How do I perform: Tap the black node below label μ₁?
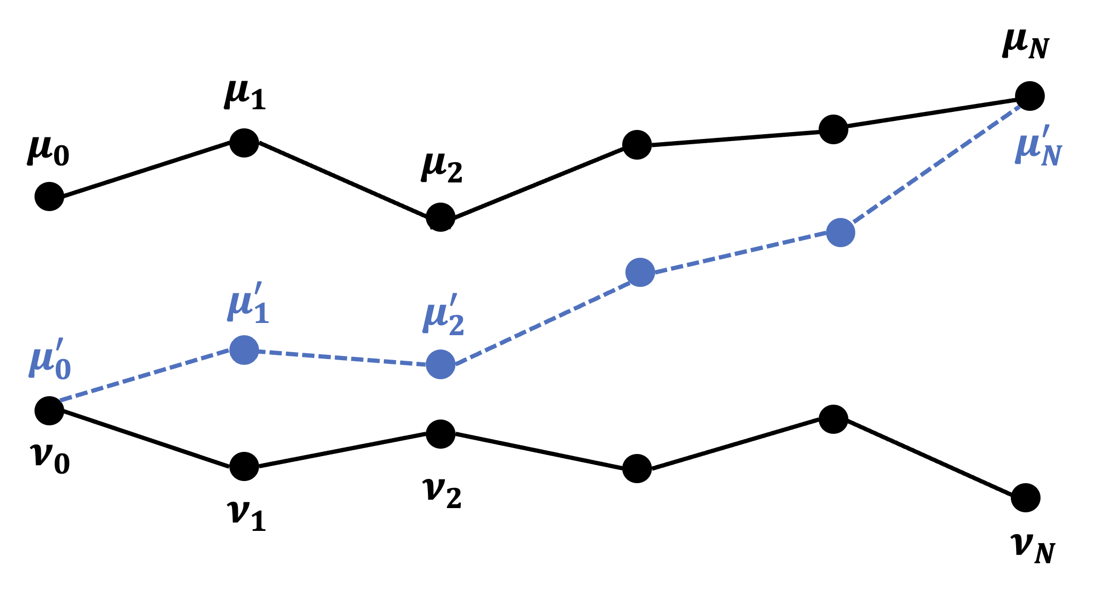pyautogui.click(x=244, y=142)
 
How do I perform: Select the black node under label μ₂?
pyautogui.click(x=441, y=217)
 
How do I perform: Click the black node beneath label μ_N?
pyautogui.click(x=1029, y=97)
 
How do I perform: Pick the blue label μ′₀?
pyautogui.click(x=50, y=359)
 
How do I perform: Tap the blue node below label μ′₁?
pyautogui.click(x=244, y=350)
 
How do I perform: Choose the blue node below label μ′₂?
pyautogui.click(x=441, y=364)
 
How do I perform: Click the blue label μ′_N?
pyautogui.click(x=1038, y=150)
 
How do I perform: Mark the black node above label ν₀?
pyautogui.click(x=49, y=410)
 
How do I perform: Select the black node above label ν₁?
pyautogui.click(x=244, y=467)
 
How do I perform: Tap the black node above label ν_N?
pyautogui.click(x=1026, y=498)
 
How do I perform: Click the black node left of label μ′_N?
pyautogui.click(x=833, y=129)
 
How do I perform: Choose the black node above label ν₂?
pyautogui.click(x=441, y=434)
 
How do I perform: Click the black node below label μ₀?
pyautogui.click(x=49, y=196)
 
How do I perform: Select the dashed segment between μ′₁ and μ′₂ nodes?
pyautogui.click(x=342, y=357)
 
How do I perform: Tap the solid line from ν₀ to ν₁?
pyautogui.click(x=147, y=439)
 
